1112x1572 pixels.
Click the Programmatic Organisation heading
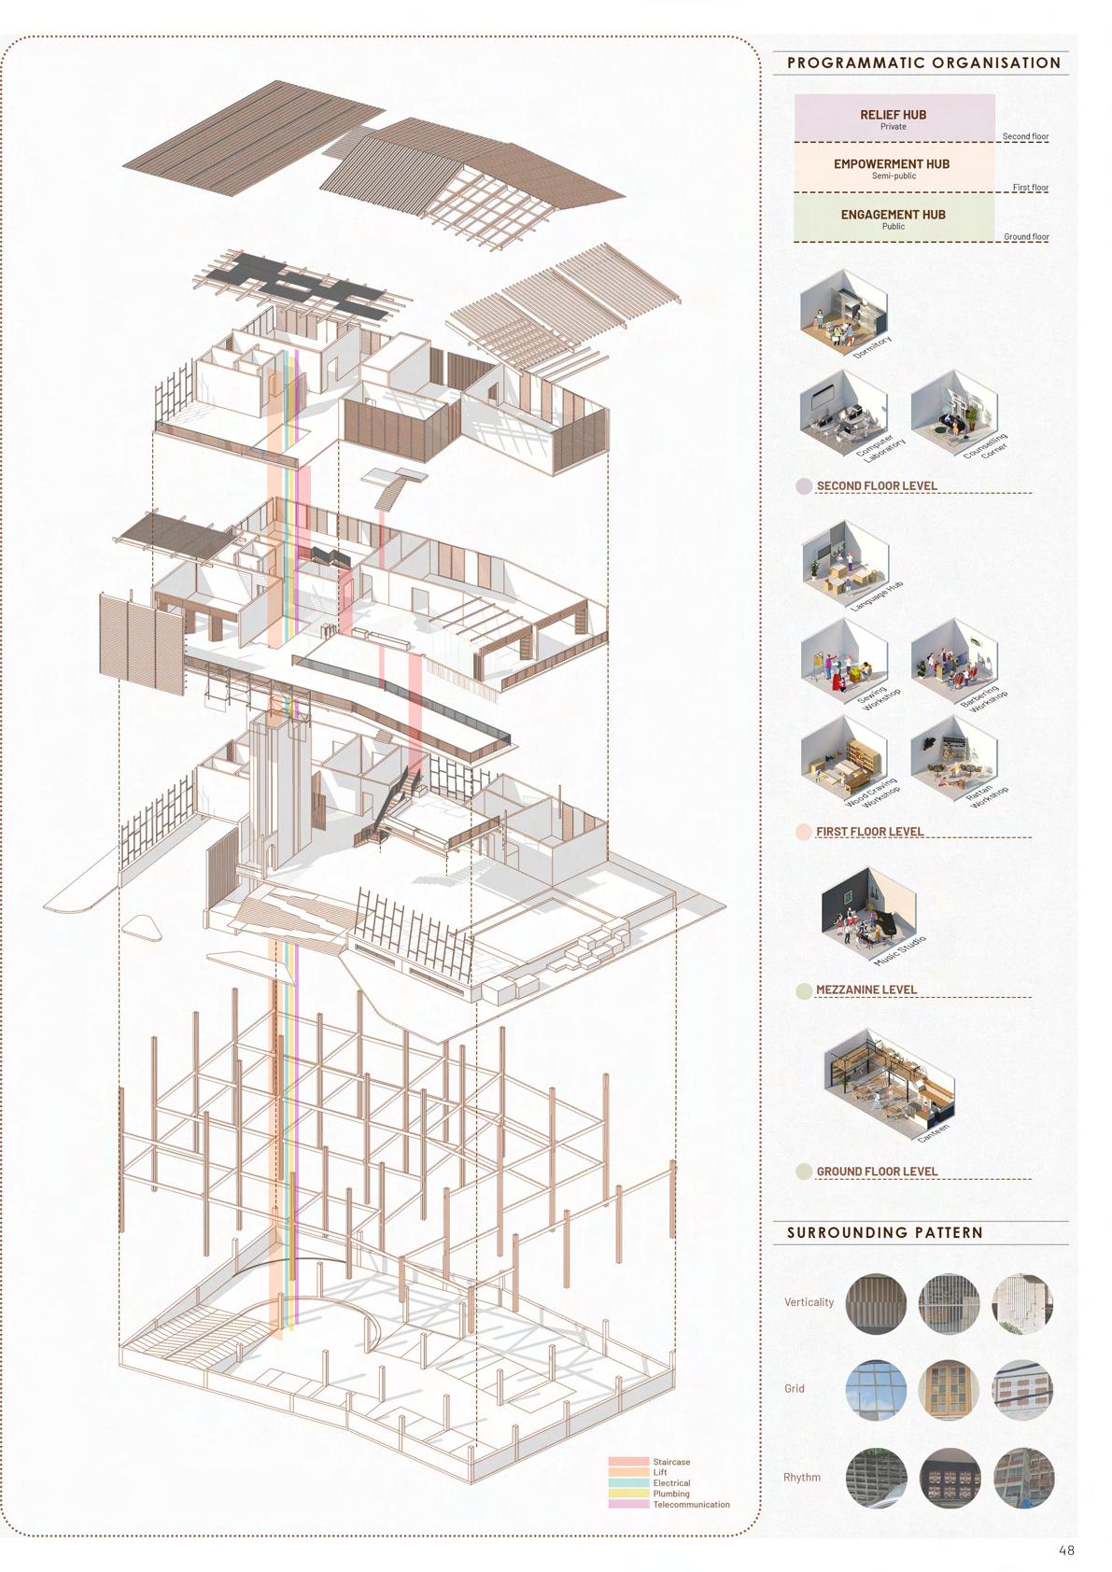pos(923,63)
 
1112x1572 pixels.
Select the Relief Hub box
pos(894,119)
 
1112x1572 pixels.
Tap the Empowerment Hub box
pos(894,168)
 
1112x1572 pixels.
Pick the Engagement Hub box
pos(894,218)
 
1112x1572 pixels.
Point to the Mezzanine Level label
pos(866,990)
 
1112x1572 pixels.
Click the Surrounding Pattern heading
pos(884,1232)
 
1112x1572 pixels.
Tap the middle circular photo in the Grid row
pos(949,1389)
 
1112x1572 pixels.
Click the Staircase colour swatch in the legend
pos(628,1462)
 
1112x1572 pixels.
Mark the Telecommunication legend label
pos(691,1505)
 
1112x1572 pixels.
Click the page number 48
pos(1066,1551)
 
